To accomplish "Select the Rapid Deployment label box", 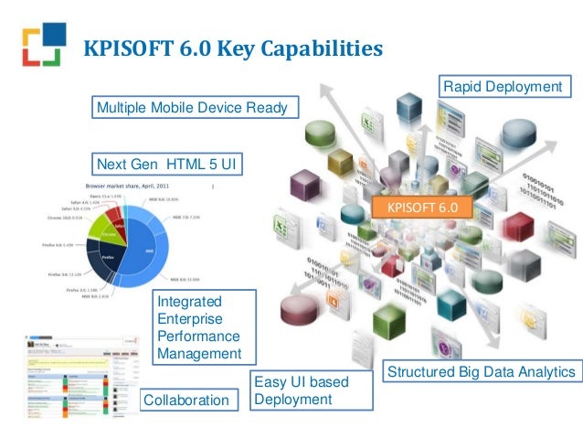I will tap(502, 87).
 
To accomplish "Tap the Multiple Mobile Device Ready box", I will tap(192, 109).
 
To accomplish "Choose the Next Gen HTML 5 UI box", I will tap(169, 164).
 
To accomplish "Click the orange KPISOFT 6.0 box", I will tap(421, 208).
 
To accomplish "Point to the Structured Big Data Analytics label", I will tap(482, 372).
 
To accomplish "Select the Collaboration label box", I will tap(185, 400).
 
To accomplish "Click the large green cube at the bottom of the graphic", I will tap(389, 320).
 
